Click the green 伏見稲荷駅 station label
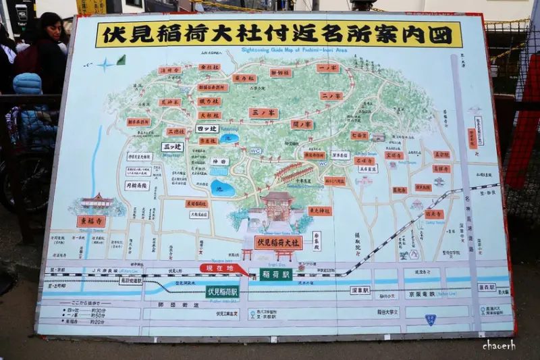pyautogui.click(x=223, y=292)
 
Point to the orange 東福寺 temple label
pyautogui.click(x=90, y=221)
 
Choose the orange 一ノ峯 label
pyautogui.click(x=327, y=68)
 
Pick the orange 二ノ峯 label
pyautogui.click(x=331, y=96)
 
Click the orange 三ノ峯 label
pyautogui.click(x=263, y=113)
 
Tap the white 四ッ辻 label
pyautogui.click(x=206, y=128)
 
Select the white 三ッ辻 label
pyautogui.click(x=172, y=147)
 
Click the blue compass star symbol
pyautogui.click(x=105, y=64)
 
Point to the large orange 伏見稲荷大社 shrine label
pyautogui.click(x=278, y=242)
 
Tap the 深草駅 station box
pyautogui.click(x=360, y=290)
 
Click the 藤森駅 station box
pyautogui.click(x=487, y=287)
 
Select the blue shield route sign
pyautogui.click(x=430, y=319)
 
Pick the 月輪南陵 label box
pyautogui.click(x=137, y=184)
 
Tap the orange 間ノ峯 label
pyautogui.click(x=302, y=124)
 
